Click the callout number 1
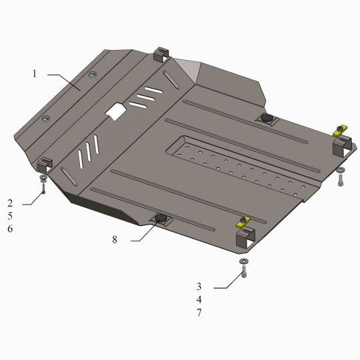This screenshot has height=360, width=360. (x=35, y=74)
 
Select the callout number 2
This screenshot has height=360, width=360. (x=10, y=203)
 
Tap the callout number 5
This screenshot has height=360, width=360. (x=10, y=216)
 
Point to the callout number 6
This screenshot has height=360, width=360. (x=10, y=229)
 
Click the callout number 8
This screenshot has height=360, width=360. (x=115, y=240)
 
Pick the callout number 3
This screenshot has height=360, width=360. (x=199, y=287)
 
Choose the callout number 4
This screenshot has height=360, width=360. (x=199, y=299)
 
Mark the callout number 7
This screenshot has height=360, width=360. (x=199, y=313)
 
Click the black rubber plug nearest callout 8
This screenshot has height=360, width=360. (x=161, y=218)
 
